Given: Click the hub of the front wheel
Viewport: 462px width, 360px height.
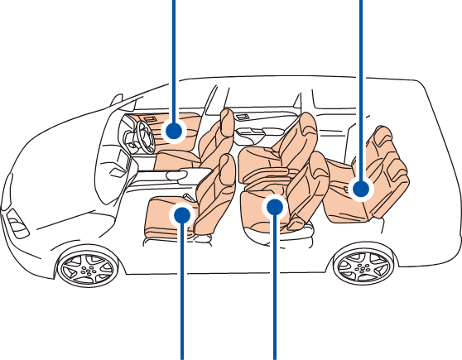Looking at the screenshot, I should coord(87,267).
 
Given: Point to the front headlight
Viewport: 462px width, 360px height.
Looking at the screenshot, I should coord(16,223).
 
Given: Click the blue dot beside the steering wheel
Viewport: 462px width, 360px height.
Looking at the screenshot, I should coord(173,130).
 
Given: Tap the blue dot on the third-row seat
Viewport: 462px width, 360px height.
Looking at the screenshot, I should coord(360,190).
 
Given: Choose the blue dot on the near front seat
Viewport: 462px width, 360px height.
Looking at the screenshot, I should coord(182,216).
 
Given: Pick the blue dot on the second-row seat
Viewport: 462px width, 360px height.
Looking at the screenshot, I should coord(275,206).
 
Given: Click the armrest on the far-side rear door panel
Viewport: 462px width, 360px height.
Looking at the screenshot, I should coord(248,132).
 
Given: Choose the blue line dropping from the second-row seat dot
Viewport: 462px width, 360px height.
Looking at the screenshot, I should coord(275,290).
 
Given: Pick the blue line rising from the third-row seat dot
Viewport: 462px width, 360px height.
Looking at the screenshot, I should coord(360,83).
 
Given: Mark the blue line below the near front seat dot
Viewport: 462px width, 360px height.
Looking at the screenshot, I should coord(182,290).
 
